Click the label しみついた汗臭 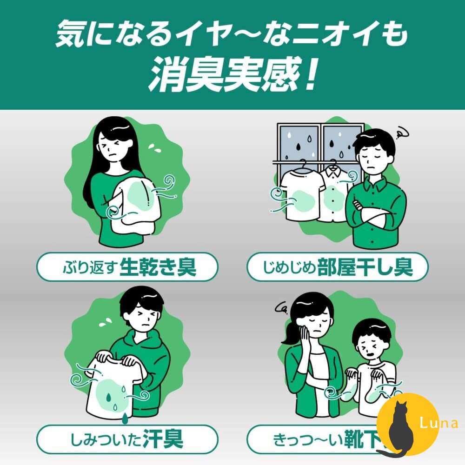[127, 438]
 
